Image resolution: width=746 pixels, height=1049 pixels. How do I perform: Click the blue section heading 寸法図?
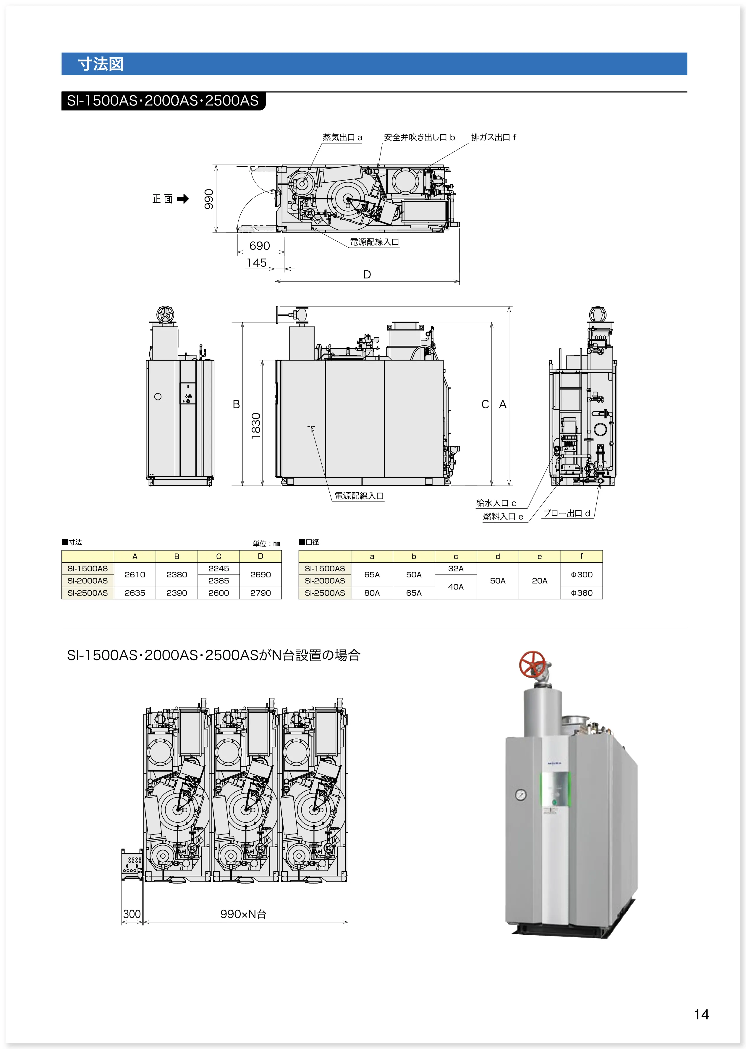click(101, 64)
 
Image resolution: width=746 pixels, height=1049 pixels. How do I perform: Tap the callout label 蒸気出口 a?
click(342, 137)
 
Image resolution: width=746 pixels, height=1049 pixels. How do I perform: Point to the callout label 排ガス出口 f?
click(494, 137)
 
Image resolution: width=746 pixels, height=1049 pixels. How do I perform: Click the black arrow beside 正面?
click(183, 199)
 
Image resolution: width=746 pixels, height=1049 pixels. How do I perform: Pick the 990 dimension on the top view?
click(209, 199)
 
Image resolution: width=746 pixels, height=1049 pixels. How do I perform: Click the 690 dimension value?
click(260, 246)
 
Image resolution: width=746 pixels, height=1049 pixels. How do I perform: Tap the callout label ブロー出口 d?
click(567, 513)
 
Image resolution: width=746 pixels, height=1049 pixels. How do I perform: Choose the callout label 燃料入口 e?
click(503, 517)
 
